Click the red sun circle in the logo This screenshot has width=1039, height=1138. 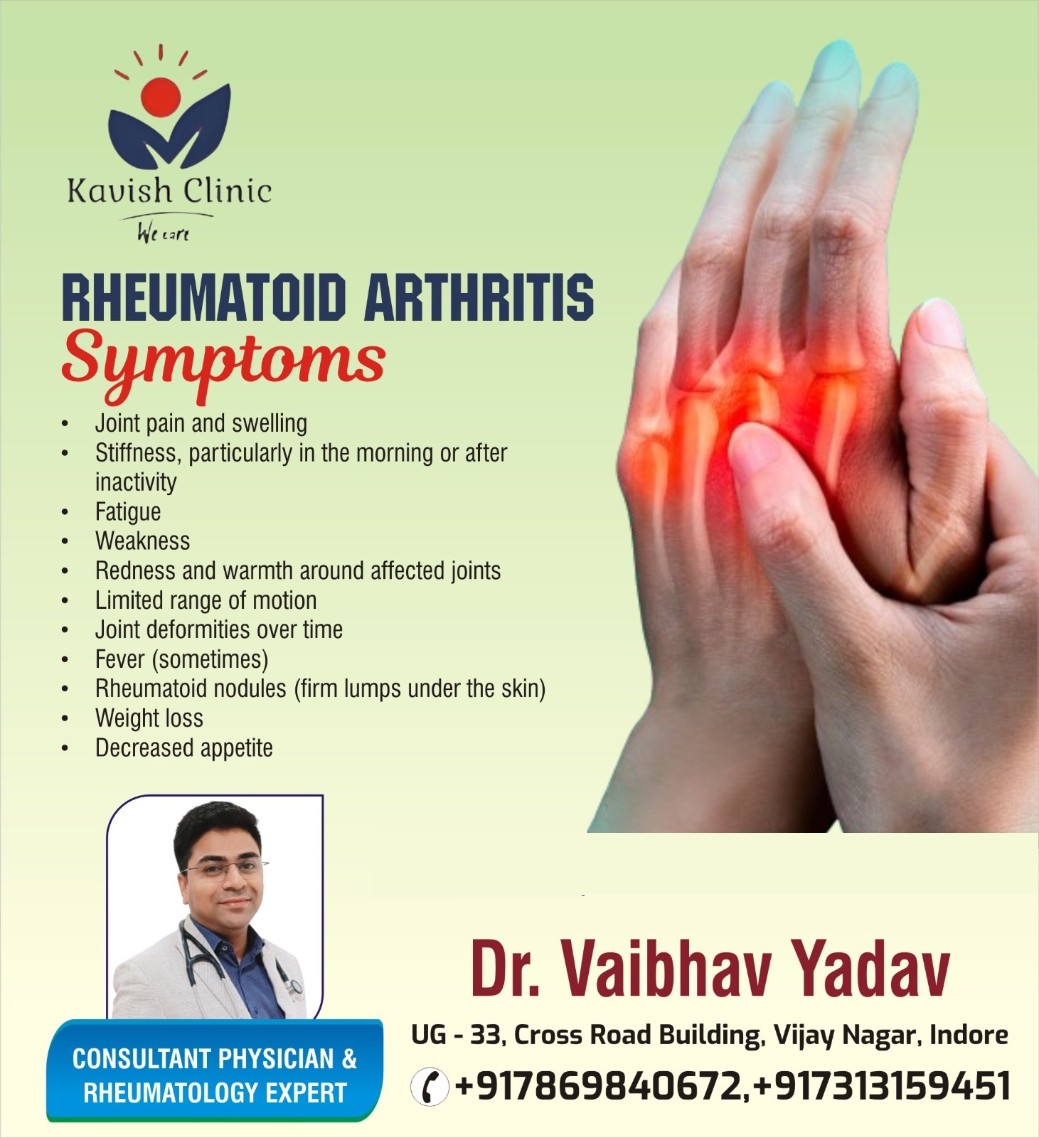click(x=161, y=97)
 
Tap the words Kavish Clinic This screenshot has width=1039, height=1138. click(x=169, y=191)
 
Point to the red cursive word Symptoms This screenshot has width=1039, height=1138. click(x=223, y=363)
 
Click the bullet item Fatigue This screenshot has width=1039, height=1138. click(x=128, y=511)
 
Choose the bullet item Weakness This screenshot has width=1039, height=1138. click(x=142, y=541)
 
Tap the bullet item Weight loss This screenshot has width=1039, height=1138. click(x=149, y=718)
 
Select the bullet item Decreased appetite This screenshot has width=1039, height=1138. click(x=184, y=748)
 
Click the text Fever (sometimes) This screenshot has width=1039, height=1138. click(x=182, y=659)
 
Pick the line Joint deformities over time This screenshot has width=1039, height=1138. click(x=219, y=629)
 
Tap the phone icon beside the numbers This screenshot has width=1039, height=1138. click(x=430, y=1087)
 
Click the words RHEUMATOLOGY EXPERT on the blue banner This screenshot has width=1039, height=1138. click(x=215, y=1092)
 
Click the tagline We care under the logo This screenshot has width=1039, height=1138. click(x=164, y=232)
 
